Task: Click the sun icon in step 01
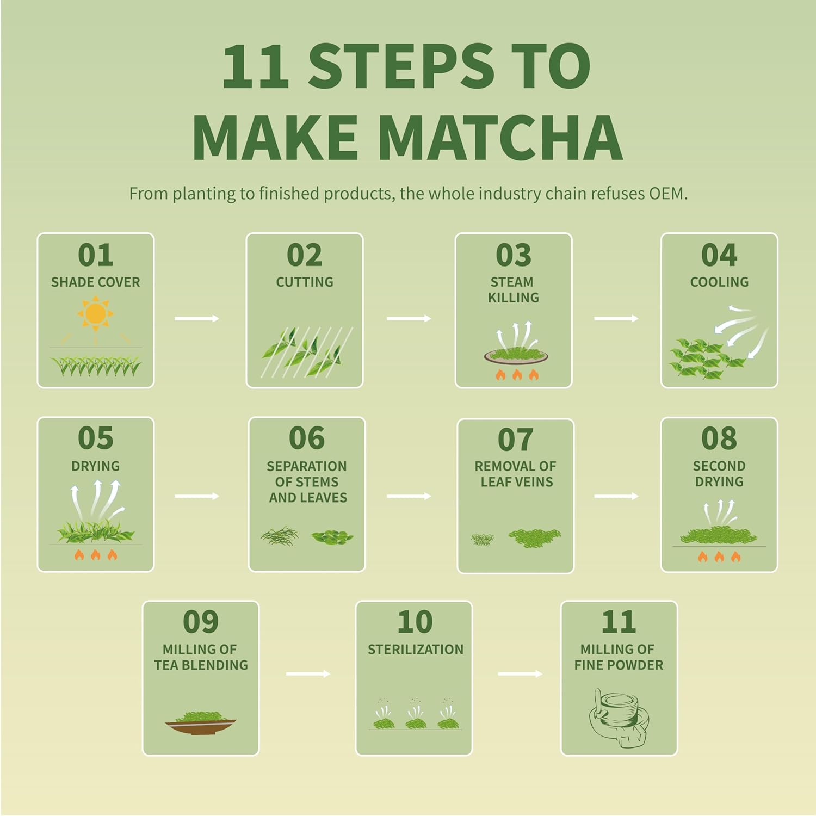point(95,314)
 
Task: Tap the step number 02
point(305,255)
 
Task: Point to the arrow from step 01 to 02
point(196,318)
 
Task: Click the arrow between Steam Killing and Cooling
point(616,318)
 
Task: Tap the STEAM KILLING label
point(513,289)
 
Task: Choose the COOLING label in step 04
point(719,282)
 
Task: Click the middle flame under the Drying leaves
point(96,555)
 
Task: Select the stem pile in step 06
point(280,536)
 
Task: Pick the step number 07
point(515,440)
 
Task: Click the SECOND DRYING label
point(719,474)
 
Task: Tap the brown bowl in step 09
point(201,725)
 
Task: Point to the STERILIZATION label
point(415,649)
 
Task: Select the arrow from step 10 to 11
point(520,674)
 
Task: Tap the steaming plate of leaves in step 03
point(516,355)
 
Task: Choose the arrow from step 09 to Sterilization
point(307,674)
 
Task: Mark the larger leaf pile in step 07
point(534,537)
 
